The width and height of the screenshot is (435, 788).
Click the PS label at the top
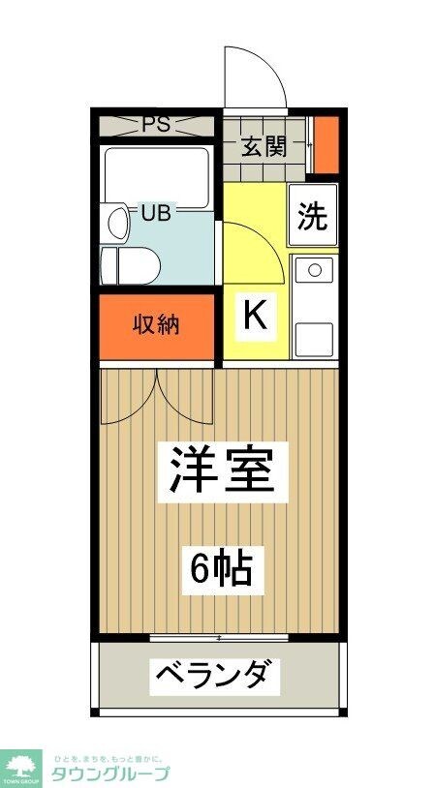tap(157, 124)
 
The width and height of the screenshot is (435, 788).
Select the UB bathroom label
tap(155, 213)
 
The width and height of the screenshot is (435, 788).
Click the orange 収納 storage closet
tap(157, 325)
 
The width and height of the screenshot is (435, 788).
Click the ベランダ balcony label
tap(214, 675)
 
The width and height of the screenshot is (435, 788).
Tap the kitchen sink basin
tap(314, 274)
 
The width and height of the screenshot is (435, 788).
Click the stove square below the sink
tap(314, 339)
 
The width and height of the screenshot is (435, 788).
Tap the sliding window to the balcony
tap(220, 638)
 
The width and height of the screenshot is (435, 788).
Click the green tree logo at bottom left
tap(19, 766)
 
